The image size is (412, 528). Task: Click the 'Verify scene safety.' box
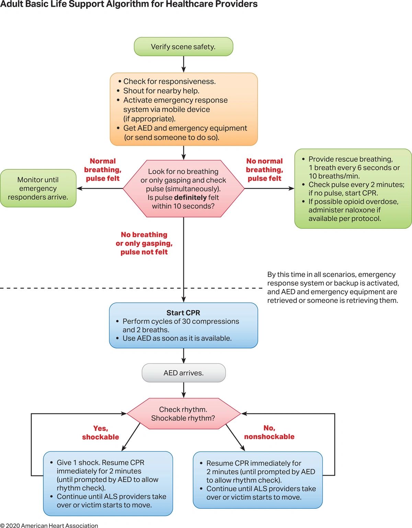pos(183,47)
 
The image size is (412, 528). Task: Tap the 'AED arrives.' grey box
pos(183,373)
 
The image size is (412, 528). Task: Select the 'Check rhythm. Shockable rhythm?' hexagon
pos(183,414)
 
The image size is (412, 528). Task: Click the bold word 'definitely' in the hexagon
pos(190,197)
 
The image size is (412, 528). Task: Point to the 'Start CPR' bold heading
pos(183,313)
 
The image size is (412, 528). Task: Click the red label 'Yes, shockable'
pos(100,433)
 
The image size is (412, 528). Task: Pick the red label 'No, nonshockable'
pos(269,433)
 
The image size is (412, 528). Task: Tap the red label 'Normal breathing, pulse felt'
pos(103,170)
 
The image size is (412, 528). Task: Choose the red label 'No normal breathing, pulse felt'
pos(264,170)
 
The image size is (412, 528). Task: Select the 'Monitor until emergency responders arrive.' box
pos(38,188)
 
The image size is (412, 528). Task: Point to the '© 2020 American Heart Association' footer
pos(49,525)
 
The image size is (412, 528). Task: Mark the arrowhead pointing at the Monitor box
pos(79,188)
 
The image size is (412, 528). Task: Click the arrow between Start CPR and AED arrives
pos(184,356)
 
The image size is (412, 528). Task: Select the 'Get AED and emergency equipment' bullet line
pos(185,128)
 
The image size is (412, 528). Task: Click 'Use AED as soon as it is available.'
pos(177,338)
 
